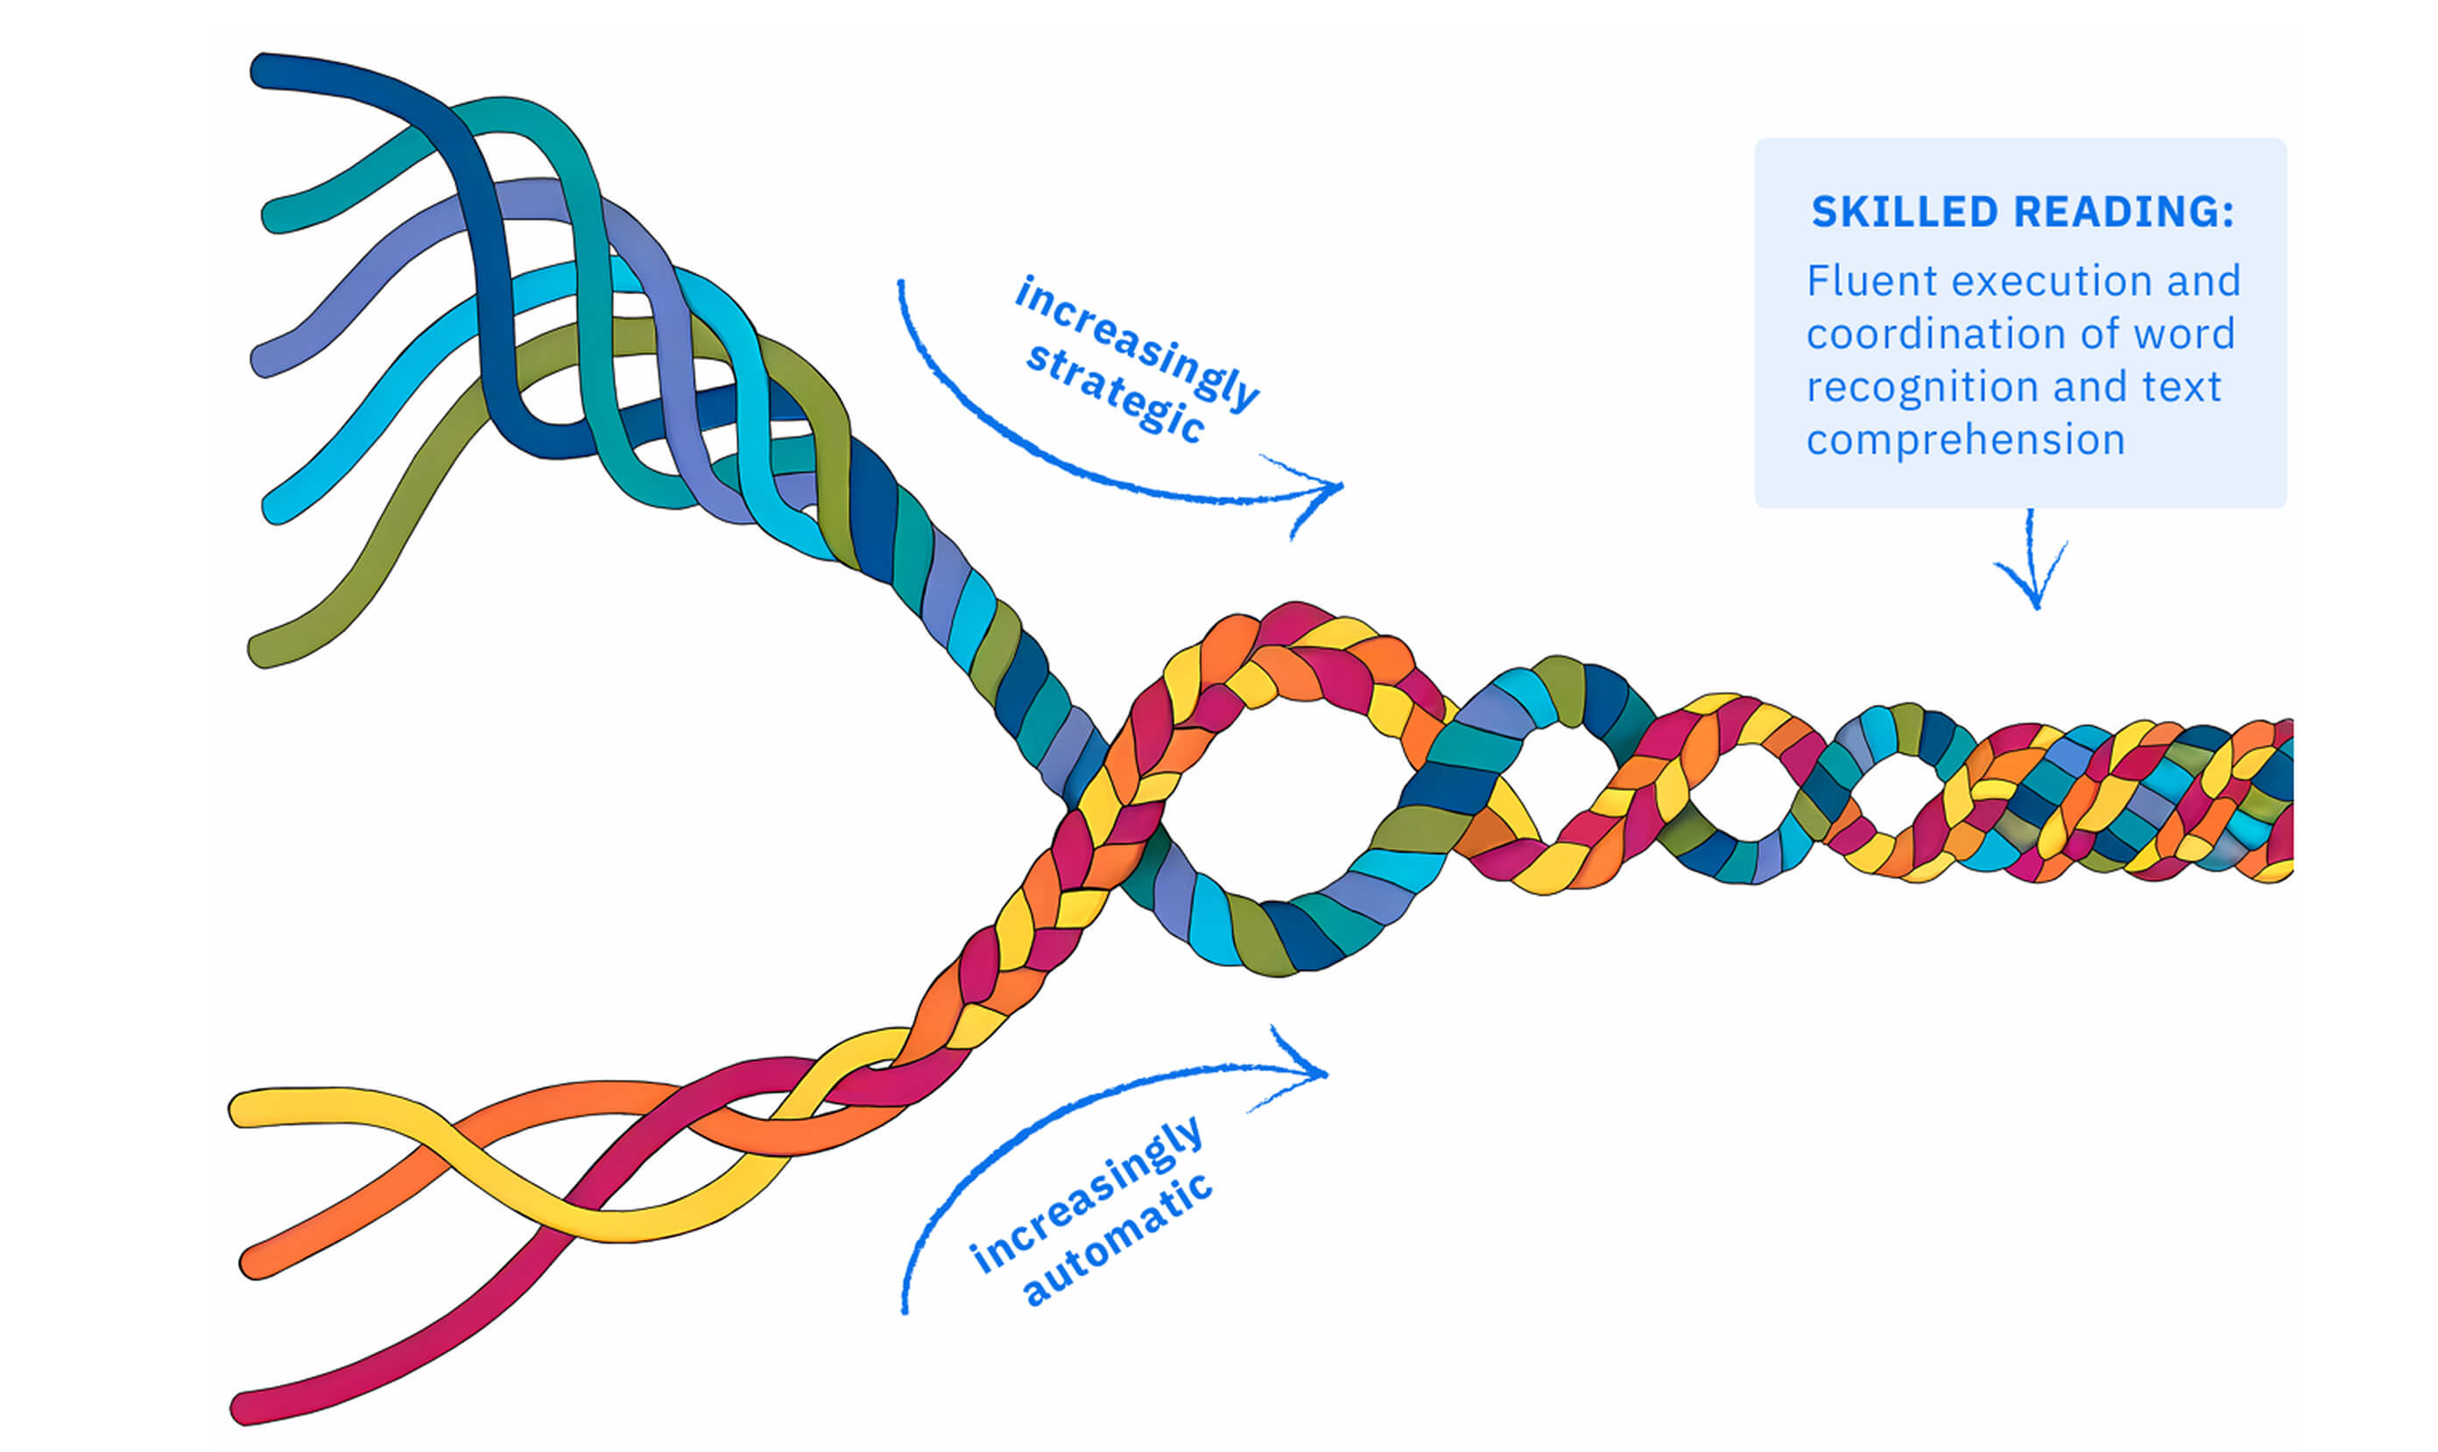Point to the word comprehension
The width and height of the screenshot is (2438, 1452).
point(1964,441)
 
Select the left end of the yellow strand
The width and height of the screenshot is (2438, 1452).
point(244,1109)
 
